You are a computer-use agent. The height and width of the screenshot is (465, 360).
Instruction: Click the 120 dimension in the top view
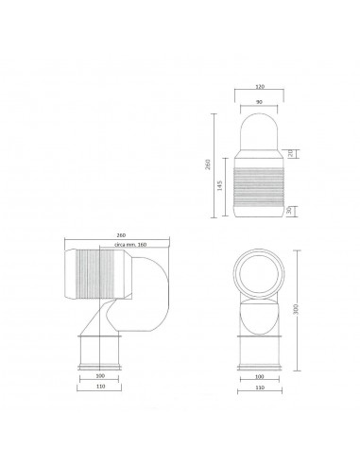(259, 86)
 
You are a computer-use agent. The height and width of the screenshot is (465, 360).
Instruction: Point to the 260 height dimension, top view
(218, 165)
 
